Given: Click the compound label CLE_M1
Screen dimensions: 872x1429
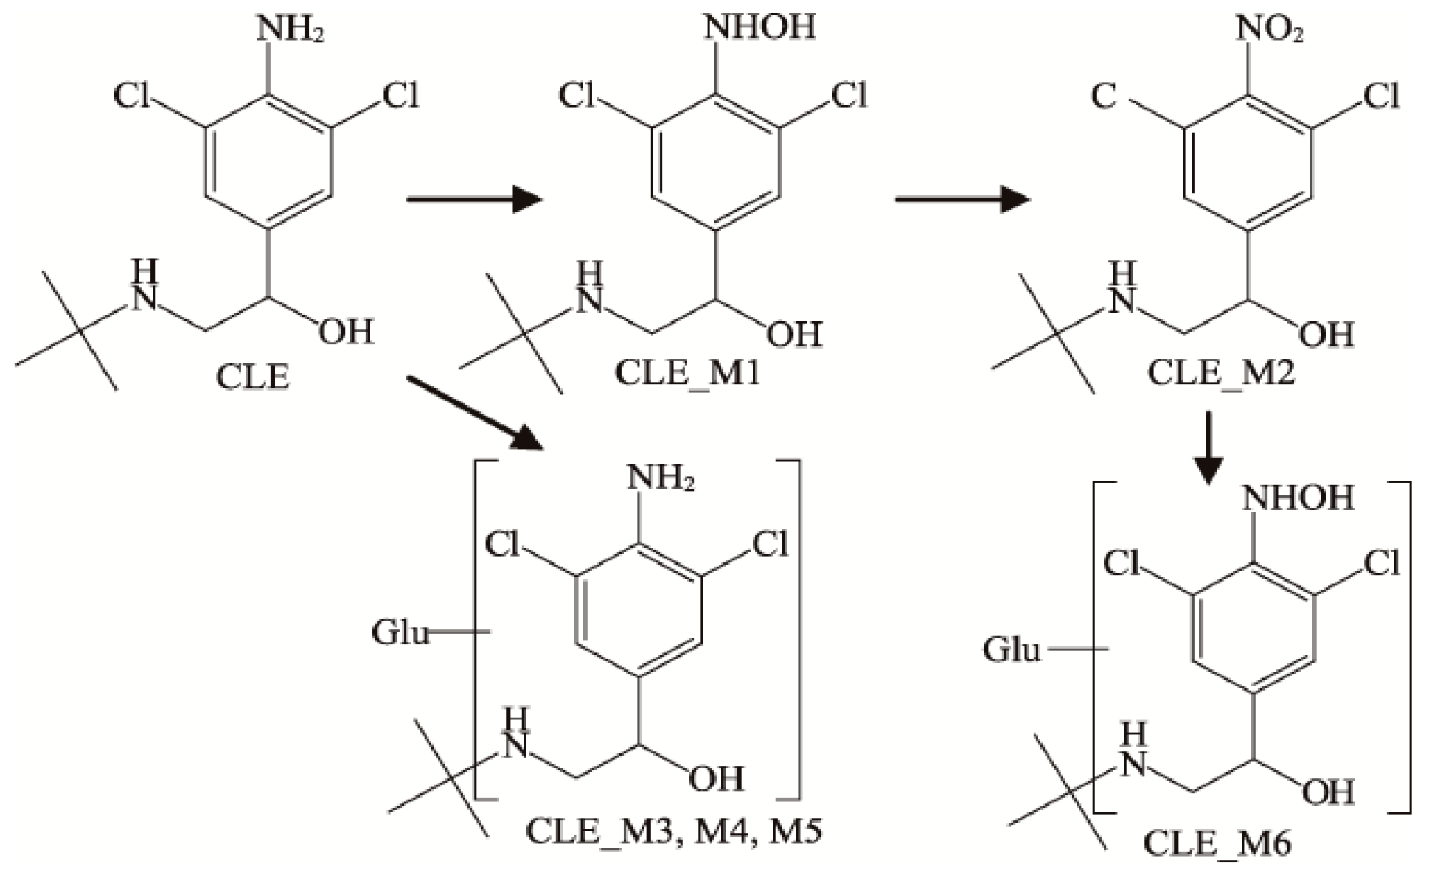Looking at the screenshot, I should pos(686,373).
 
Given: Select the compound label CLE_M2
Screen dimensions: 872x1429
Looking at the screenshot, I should pos(1221,373).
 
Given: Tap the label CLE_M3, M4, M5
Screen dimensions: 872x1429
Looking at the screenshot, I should pos(673,831).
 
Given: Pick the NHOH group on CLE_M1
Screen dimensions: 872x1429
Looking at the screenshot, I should pos(759,27).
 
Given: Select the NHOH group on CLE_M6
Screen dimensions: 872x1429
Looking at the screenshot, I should pos(1298,498).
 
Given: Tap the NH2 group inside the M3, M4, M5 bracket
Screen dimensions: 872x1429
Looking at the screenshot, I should pos(661,479).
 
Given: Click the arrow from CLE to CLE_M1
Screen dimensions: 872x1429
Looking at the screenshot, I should pos(473,199).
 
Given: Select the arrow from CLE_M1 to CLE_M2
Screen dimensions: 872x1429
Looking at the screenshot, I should pos(962,199).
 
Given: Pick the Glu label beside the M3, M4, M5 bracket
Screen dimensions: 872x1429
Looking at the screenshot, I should pos(400,632).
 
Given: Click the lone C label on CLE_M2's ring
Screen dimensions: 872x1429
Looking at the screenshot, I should pos(1103,96).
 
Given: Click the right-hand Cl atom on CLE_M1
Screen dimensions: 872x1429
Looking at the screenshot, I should pos(849,96).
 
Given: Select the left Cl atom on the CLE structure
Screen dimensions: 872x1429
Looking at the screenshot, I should pos(132,96).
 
